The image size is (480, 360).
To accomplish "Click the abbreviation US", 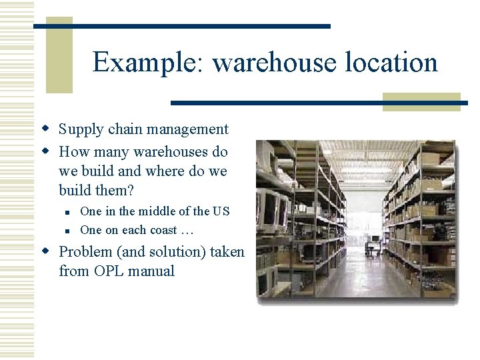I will pyautogui.click(x=221, y=211).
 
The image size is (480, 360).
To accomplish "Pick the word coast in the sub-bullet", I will pyautogui.click(x=160, y=231).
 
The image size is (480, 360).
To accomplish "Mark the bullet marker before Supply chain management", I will pyautogui.click(x=46, y=128).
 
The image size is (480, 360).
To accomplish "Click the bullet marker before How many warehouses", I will pyautogui.click(x=46, y=150).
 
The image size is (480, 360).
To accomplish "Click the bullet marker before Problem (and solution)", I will pyautogui.click(x=46, y=251).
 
